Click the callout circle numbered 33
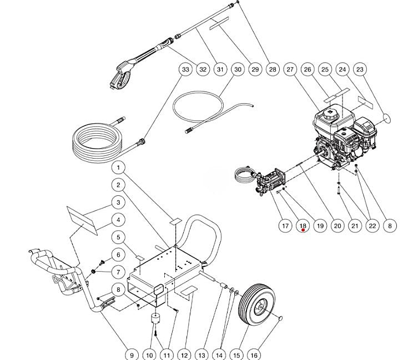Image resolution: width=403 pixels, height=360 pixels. point(185,69)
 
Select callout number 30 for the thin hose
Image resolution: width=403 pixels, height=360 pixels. point(238,69)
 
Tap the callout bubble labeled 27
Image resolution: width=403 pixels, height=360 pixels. point(290,69)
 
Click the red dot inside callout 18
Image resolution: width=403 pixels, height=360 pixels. point(303,230)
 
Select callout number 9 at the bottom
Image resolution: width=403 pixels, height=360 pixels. point(132,354)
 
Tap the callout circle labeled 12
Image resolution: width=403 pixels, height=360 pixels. point(184,354)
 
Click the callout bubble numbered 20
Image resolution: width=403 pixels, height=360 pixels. point(337,225)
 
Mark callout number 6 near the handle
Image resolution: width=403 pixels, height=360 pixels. point(119,255)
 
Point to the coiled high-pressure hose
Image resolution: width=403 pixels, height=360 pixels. point(97,145)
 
